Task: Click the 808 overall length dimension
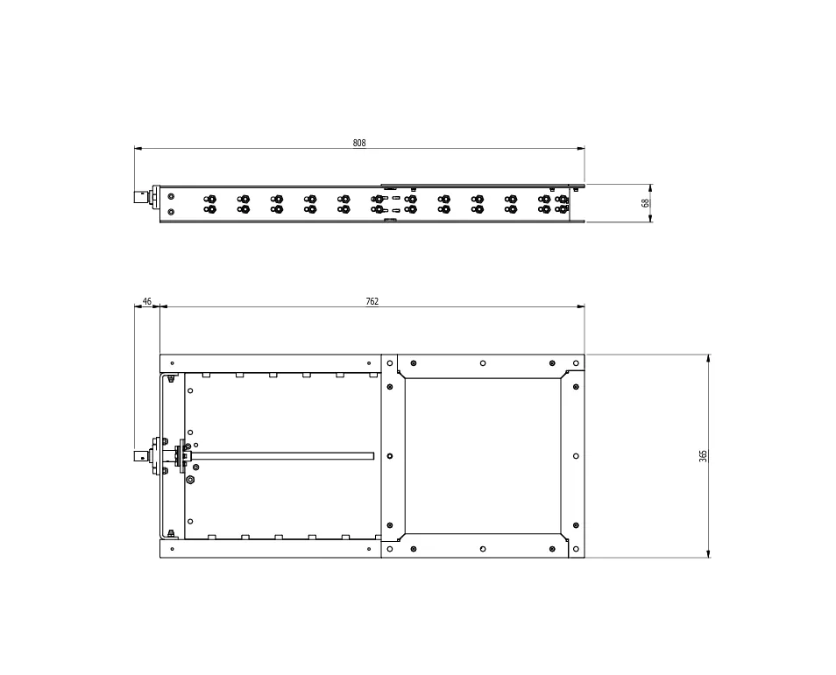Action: click(359, 143)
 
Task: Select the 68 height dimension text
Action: click(645, 203)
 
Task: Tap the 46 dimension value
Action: click(146, 301)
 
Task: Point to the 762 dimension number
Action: click(372, 301)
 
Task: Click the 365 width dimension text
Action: click(704, 456)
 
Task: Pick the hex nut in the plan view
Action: click(190, 480)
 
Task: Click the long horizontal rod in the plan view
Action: click(281, 456)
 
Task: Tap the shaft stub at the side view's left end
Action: click(142, 198)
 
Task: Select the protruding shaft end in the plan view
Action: click(141, 456)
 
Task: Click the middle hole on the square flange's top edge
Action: click(483, 363)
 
